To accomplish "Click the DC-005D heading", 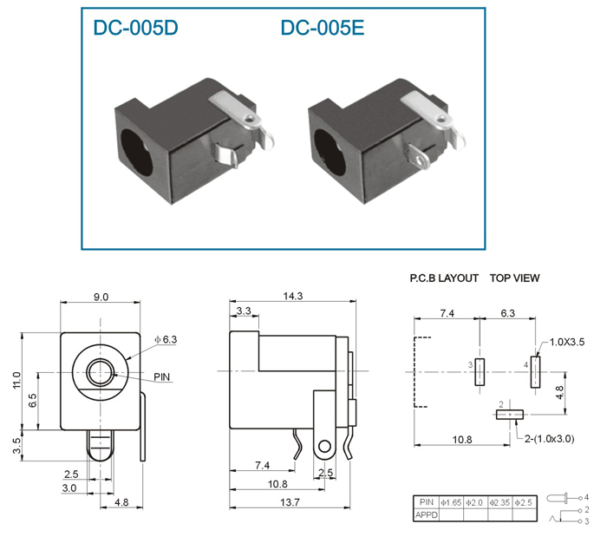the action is [x=135, y=28].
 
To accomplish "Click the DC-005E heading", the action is [x=322, y=28].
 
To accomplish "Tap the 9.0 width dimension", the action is [x=101, y=297].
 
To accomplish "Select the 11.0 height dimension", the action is [x=16, y=380].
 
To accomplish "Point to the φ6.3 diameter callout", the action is [x=166, y=340].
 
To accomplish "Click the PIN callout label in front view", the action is [x=162, y=376].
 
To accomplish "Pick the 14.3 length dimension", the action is [x=293, y=297].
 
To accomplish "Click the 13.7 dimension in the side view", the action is [x=290, y=502].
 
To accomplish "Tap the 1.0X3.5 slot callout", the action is [x=567, y=342].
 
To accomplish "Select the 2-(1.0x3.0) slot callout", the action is [x=549, y=439].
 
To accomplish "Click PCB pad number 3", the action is [x=480, y=372].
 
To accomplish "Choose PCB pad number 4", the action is [x=535, y=372].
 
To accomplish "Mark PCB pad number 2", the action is [x=510, y=415].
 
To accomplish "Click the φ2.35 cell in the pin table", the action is [x=499, y=503].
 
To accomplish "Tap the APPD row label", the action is [x=427, y=515].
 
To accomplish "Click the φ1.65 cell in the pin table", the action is [x=451, y=503].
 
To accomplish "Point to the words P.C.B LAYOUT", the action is [x=444, y=278].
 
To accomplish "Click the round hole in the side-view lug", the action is [x=325, y=446].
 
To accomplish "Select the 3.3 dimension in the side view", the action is [x=244, y=311].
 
